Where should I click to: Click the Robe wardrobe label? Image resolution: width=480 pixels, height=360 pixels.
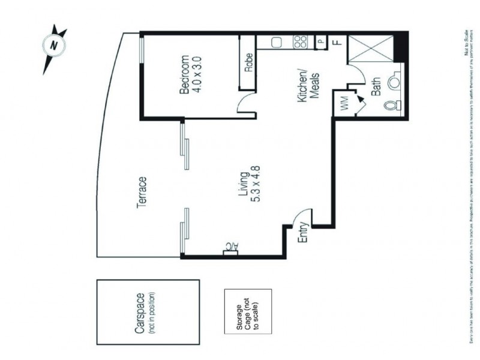pos(248,62)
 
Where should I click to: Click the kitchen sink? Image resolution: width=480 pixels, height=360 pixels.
pos(277,43)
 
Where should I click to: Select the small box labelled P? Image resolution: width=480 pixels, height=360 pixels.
pos(321,42)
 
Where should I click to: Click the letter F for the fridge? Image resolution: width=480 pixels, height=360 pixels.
pos(337,42)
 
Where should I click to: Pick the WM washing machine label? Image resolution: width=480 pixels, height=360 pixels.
pos(344,103)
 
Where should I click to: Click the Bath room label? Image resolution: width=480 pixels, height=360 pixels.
pos(376,88)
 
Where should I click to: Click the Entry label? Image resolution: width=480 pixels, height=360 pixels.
pos(303,232)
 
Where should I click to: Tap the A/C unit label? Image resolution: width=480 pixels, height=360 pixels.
pos(230,247)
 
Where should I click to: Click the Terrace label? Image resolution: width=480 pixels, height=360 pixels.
pos(142,193)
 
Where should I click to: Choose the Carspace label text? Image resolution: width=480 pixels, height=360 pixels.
pos(139,313)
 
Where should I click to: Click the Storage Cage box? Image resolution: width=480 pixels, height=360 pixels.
pos(248,312)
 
